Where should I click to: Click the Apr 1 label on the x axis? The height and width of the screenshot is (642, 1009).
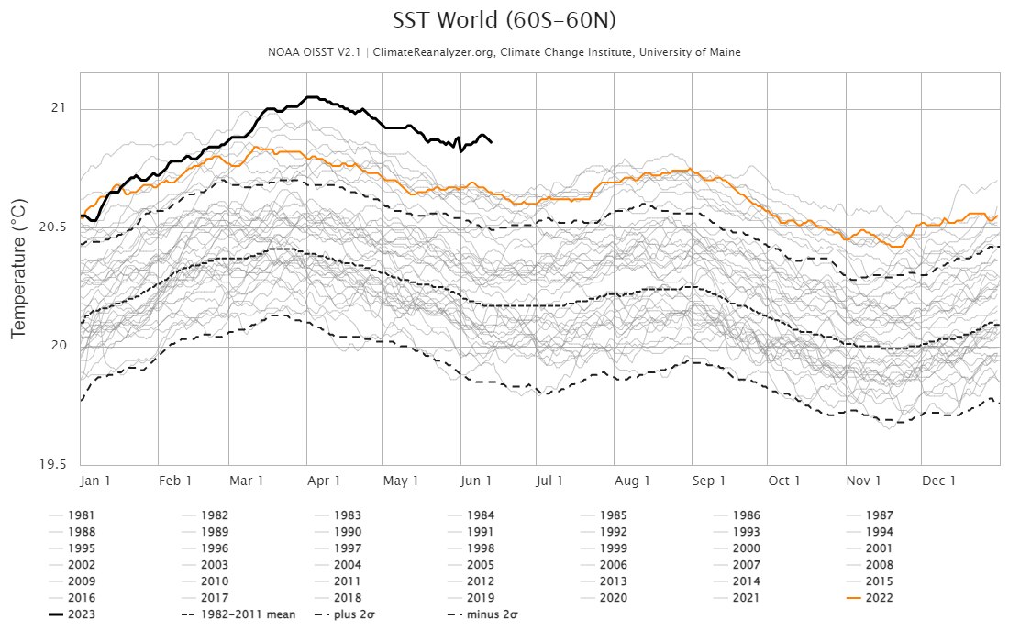[325, 481]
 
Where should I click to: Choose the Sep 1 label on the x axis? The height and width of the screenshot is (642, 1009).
[709, 481]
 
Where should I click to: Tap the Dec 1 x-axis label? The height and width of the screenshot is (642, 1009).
[939, 481]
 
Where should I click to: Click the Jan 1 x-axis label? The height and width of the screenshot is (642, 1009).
[96, 481]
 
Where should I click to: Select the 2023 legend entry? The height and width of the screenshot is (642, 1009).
[81, 614]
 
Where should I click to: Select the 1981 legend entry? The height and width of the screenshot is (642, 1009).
[81, 515]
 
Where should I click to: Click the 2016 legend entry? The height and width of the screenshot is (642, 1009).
[81, 598]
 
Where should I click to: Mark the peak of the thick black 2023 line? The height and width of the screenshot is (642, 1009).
[312, 96]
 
